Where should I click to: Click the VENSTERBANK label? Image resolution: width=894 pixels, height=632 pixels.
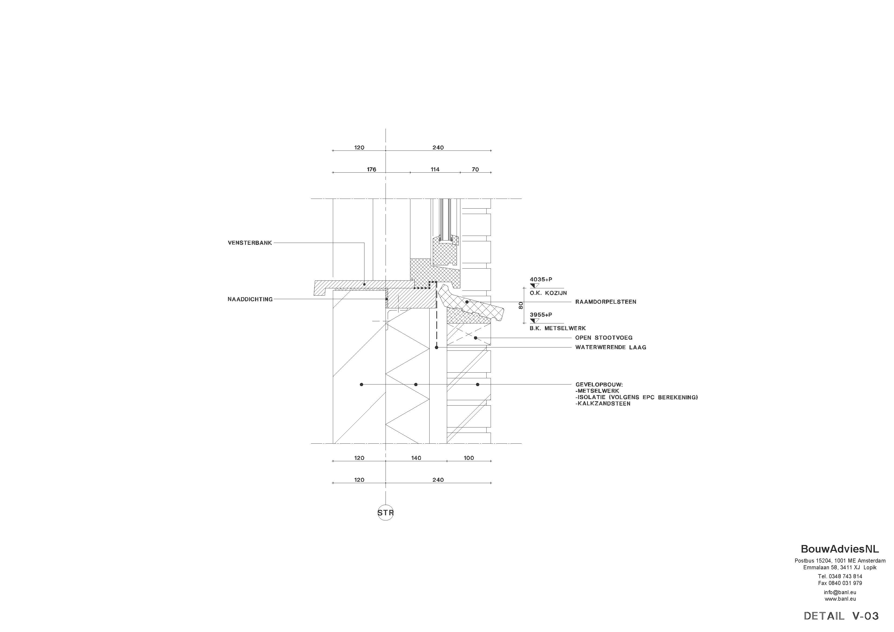pyautogui.click(x=250, y=243)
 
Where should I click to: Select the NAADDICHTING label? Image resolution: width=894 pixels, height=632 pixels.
pyautogui.click(x=250, y=299)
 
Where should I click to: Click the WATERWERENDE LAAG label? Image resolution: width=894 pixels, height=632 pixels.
pyautogui.click(x=611, y=347)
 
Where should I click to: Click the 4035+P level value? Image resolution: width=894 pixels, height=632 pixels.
pyautogui.click(x=541, y=280)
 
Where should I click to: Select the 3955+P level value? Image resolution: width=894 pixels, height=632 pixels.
pyautogui.click(x=541, y=315)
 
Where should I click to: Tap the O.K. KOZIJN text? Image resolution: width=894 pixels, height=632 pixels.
pyautogui.click(x=548, y=293)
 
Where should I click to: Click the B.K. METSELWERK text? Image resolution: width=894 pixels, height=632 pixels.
pyautogui.click(x=558, y=328)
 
